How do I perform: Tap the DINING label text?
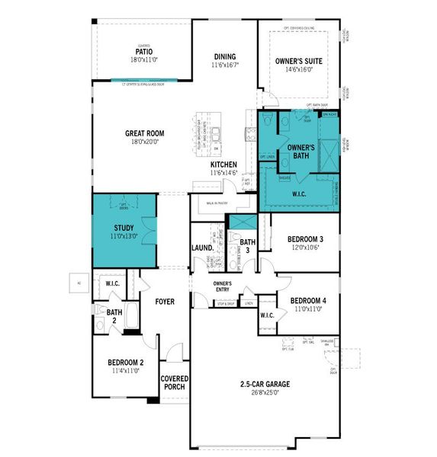tap(224, 56)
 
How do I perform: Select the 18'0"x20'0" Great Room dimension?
tap(144, 142)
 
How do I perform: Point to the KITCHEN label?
tap(223, 165)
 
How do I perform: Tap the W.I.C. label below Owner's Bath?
tap(298, 193)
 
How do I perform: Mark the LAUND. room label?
tap(201, 248)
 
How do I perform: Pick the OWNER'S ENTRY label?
tap(227, 287)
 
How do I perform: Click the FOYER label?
tap(165, 302)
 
